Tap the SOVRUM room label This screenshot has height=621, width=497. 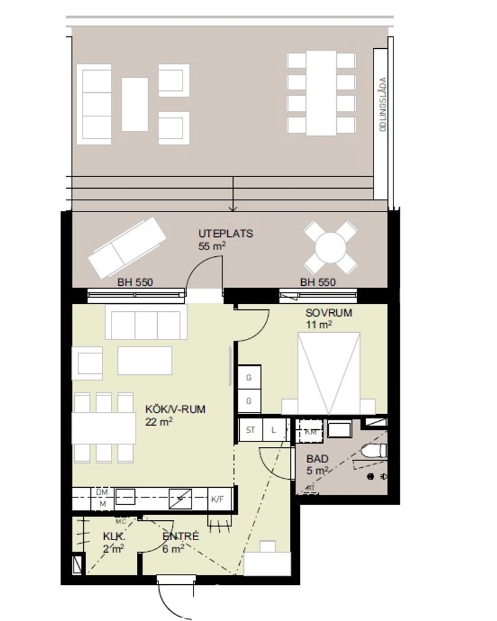[x=328, y=314]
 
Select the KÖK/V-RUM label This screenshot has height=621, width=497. [x=175, y=409]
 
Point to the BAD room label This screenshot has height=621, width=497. [x=317, y=458]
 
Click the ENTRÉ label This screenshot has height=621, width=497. [x=180, y=535]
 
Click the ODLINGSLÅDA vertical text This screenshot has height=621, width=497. [x=380, y=109]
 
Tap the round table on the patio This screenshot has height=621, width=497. [x=330, y=247]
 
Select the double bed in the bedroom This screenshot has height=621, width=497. [x=329, y=371]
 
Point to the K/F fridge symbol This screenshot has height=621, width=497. [x=217, y=499]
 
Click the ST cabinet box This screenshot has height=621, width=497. [x=251, y=430]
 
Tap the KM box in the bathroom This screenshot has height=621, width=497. [x=311, y=432]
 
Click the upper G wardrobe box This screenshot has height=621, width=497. [x=248, y=378]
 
